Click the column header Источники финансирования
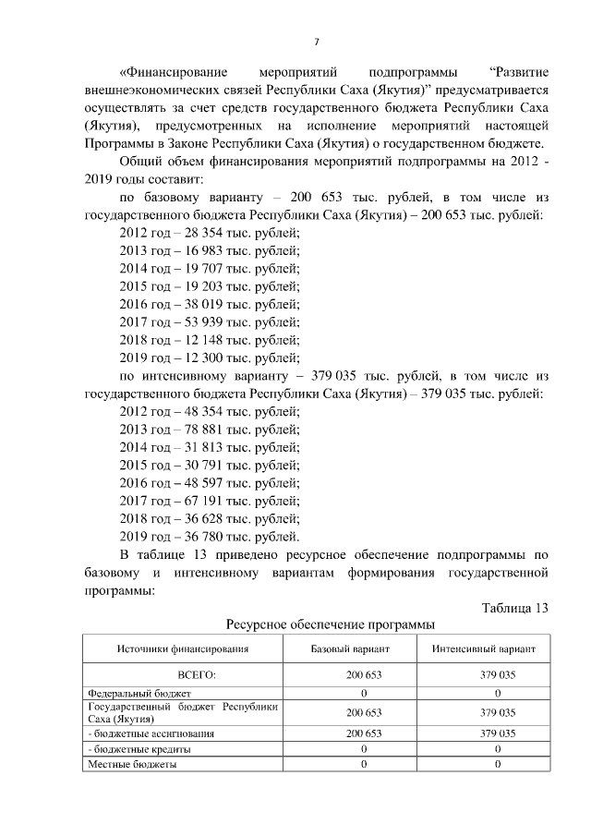[x=183, y=649]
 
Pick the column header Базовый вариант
[x=363, y=649]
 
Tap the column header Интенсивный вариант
[x=497, y=649]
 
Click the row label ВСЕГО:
[x=183, y=675]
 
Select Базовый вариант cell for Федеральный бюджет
[x=363, y=693]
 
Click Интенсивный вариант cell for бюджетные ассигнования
[x=497, y=733]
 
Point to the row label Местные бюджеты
[x=132, y=764]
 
